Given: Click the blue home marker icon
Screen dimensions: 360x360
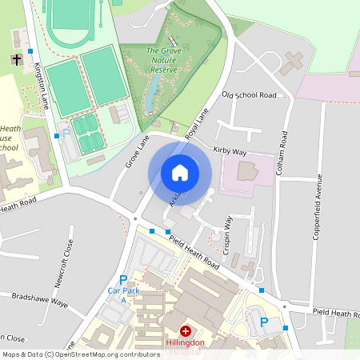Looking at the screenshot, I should (x=180, y=172).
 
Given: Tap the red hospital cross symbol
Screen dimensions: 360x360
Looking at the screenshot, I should (x=186, y=330).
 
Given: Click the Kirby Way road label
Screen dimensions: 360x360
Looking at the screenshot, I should (x=230, y=150).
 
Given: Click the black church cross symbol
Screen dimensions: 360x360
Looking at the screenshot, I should (x=17, y=59).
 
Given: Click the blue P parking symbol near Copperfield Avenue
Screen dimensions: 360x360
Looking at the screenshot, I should (x=264, y=322).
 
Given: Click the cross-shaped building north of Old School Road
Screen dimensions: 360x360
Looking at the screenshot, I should (x=292, y=62).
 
